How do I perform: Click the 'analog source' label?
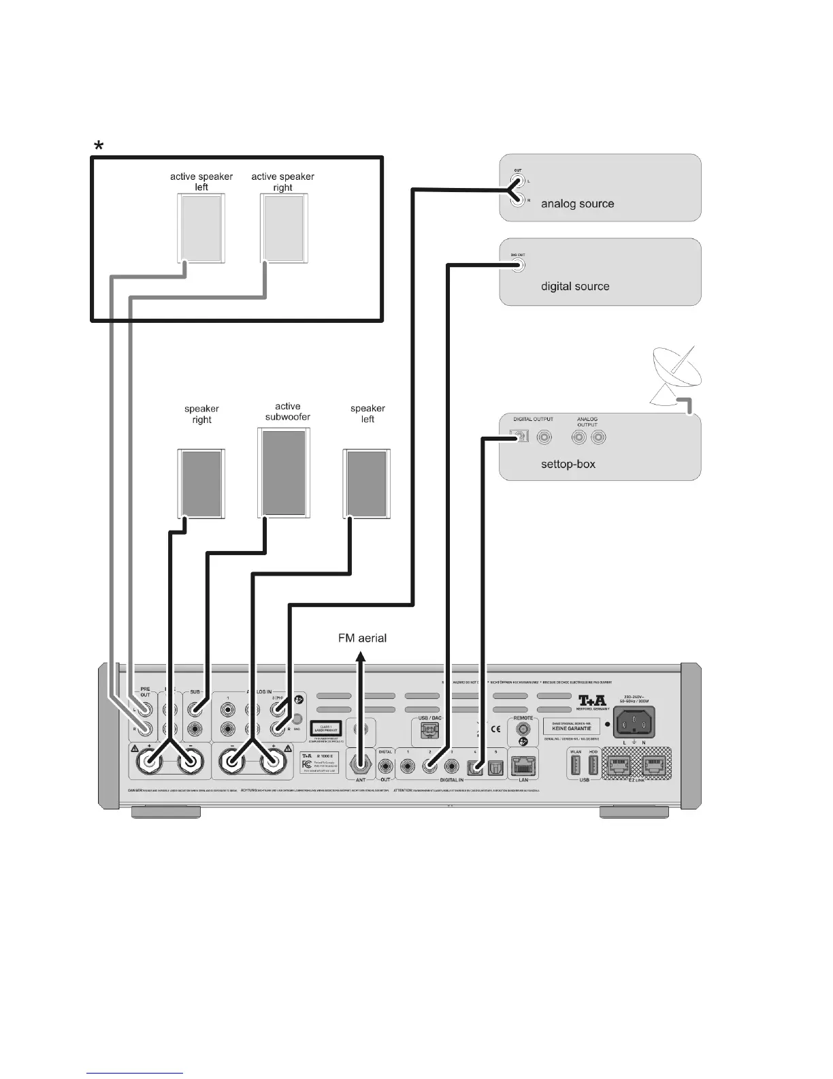(577, 204)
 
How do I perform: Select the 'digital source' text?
(575, 286)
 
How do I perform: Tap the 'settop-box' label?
(568, 464)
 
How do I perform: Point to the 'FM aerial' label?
(362, 638)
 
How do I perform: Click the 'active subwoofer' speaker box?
(284, 472)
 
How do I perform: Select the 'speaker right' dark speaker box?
(201, 484)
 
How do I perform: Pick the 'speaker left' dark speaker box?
(366, 484)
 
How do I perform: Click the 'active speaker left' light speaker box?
(201, 228)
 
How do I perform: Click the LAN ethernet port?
(523, 765)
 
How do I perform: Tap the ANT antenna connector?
(361, 763)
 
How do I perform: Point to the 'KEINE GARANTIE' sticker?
(571, 729)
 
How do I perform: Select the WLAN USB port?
(576, 764)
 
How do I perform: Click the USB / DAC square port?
(430, 730)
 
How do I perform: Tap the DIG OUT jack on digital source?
(519, 265)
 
